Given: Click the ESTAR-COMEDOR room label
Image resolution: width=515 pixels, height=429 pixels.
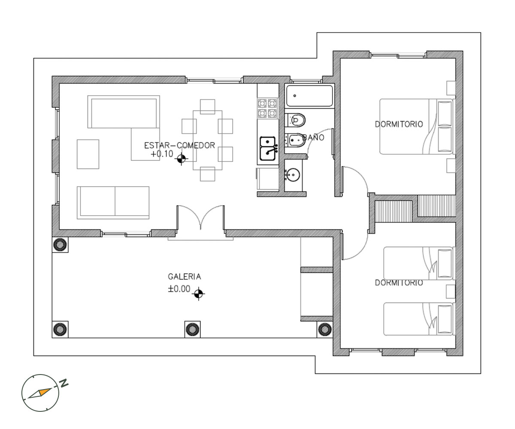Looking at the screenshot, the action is pyautogui.click(x=179, y=145).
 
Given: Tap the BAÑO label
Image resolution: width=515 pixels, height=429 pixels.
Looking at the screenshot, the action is pyautogui.click(x=313, y=137).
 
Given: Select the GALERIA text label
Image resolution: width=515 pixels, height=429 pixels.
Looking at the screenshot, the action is pyautogui.click(x=184, y=277).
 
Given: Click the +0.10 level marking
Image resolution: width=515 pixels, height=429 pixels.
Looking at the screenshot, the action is pyautogui.click(x=162, y=154).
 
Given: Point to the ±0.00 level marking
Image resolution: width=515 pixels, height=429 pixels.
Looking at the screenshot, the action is pyautogui.click(x=179, y=289).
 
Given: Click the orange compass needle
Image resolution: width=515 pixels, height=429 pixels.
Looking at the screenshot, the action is pyautogui.click(x=45, y=392).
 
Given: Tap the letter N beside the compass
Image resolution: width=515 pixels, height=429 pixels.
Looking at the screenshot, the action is pyautogui.click(x=64, y=383).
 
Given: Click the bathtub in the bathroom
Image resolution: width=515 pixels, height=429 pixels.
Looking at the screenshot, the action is pyautogui.click(x=309, y=96).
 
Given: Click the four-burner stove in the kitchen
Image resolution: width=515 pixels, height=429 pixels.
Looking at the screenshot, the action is pyautogui.click(x=267, y=108).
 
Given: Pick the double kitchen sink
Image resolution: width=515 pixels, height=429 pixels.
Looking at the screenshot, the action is pyautogui.click(x=268, y=148).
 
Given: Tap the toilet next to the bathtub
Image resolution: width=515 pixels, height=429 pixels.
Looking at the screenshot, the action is pyautogui.click(x=295, y=120).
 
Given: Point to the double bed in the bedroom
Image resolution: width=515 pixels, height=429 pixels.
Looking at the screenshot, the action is pyautogui.click(x=416, y=127).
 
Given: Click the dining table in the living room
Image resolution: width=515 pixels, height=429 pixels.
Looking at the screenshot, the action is pyautogui.click(x=207, y=140).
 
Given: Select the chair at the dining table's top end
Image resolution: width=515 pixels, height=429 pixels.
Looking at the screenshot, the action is pyautogui.click(x=207, y=106).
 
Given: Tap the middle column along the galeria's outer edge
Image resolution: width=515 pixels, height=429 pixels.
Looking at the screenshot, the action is pyautogui.click(x=192, y=329).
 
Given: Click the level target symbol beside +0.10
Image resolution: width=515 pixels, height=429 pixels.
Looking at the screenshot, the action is pyautogui.click(x=181, y=159).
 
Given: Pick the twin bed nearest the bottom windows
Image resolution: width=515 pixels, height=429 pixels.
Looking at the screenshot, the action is pyautogui.click(x=418, y=319).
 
